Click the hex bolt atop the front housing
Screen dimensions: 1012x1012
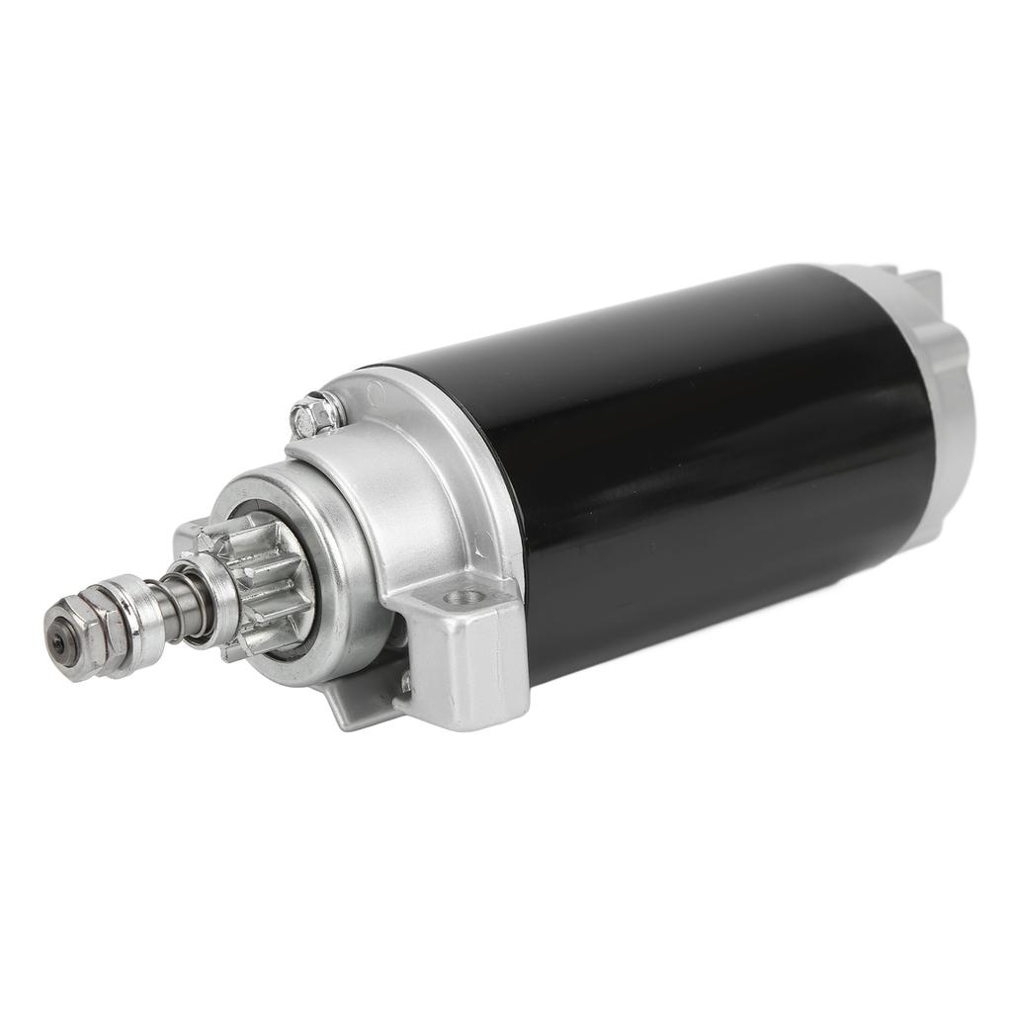[317, 415]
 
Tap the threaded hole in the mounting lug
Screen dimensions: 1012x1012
[459, 596]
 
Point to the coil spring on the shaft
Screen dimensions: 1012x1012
[183, 605]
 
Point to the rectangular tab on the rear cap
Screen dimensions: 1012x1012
[924, 287]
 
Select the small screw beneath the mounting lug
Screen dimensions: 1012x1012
[406, 681]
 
